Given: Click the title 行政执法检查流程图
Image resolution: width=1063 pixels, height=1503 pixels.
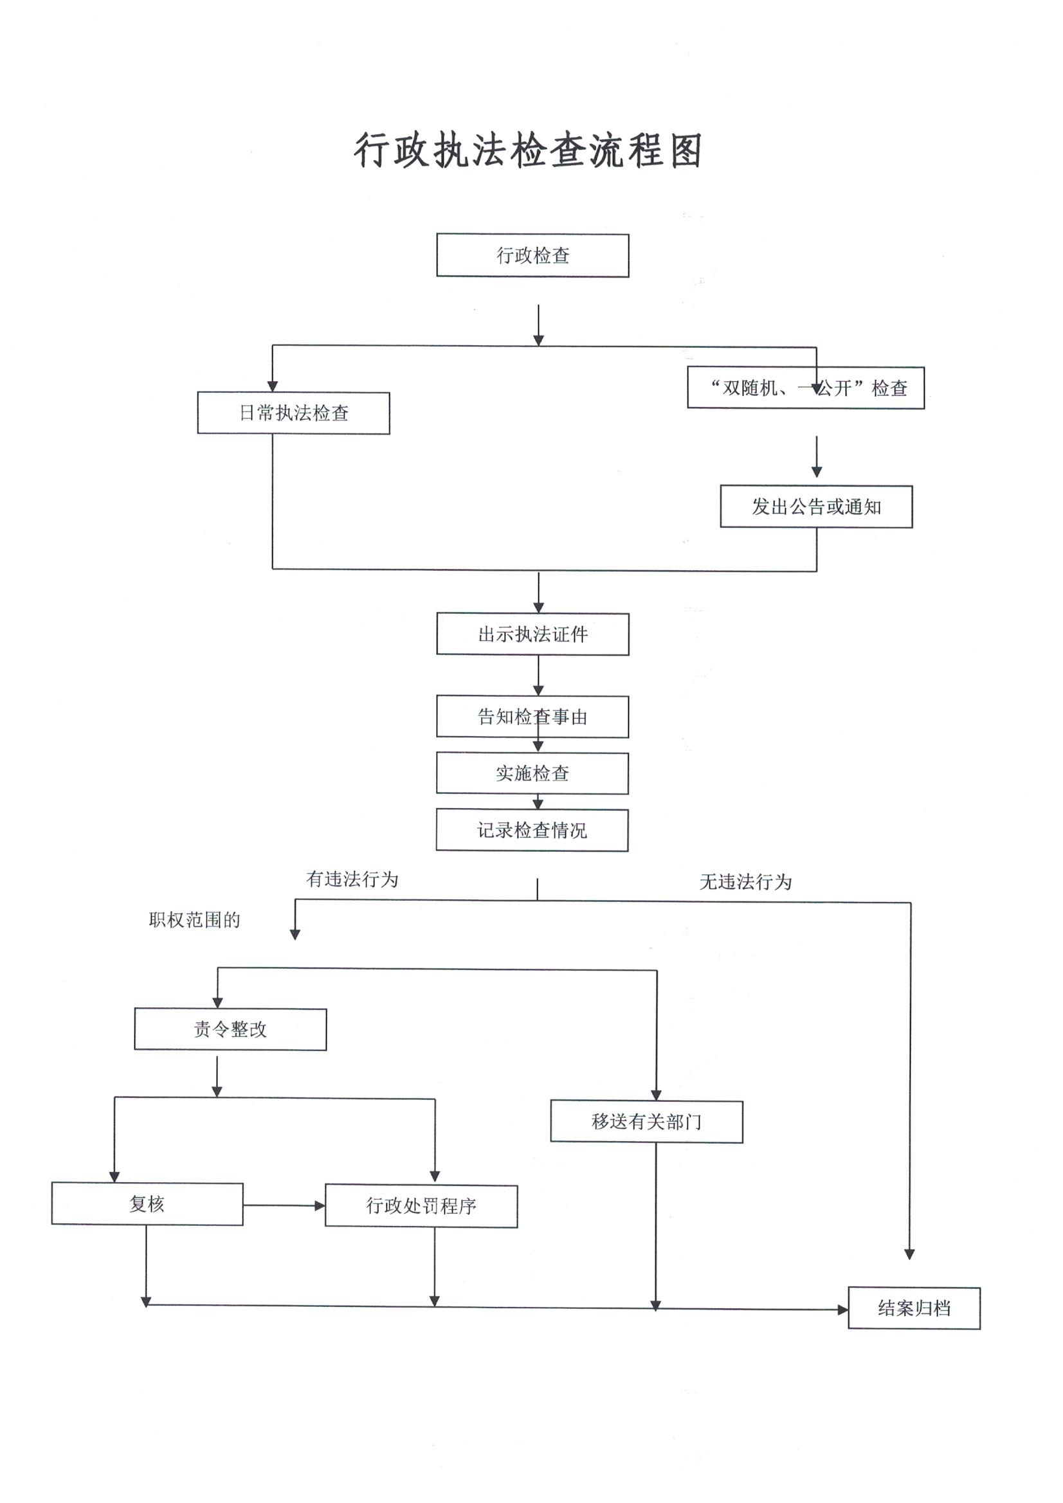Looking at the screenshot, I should click(x=528, y=150).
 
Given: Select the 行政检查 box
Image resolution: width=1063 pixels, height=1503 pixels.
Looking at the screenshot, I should click(x=532, y=255).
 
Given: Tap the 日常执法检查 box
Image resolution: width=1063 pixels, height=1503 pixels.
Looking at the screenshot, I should click(x=293, y=413).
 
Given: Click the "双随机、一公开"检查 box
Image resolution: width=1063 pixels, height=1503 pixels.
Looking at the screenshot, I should click(x=806, y=388).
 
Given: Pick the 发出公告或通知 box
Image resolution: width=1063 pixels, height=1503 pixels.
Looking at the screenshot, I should click(x=816, y=507).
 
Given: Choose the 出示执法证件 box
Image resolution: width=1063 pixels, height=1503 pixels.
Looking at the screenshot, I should click(x=532, y=634).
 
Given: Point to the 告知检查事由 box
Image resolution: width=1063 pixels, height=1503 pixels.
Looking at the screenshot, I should click(x=532, y=717).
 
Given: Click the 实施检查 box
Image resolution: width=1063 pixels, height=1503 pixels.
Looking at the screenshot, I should click(x=532, y=774).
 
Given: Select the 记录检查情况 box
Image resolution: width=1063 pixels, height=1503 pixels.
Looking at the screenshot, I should click(x=532, y=831).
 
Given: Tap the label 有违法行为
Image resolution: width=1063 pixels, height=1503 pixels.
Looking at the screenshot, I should click(x=352, y=879).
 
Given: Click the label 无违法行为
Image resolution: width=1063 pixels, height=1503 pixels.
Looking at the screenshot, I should click(x=745, y=882).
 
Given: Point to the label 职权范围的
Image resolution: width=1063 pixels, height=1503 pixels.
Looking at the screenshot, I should click(x=194, y=920).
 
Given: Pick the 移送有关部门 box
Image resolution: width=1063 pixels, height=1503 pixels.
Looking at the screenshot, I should click(x=646, y=1122).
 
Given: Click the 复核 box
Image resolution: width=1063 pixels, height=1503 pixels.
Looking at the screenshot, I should click(x=147, y=1204).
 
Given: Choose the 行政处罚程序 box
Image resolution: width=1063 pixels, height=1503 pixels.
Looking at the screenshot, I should click(x=421, y=1206).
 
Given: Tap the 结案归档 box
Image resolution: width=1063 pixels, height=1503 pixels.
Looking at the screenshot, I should click(x=914, y=1309).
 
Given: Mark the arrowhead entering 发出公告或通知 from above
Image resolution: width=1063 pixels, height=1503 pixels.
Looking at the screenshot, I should click(x=816, y=472).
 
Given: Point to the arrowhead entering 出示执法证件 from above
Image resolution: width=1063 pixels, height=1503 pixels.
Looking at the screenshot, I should click(x=538, y=608).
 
